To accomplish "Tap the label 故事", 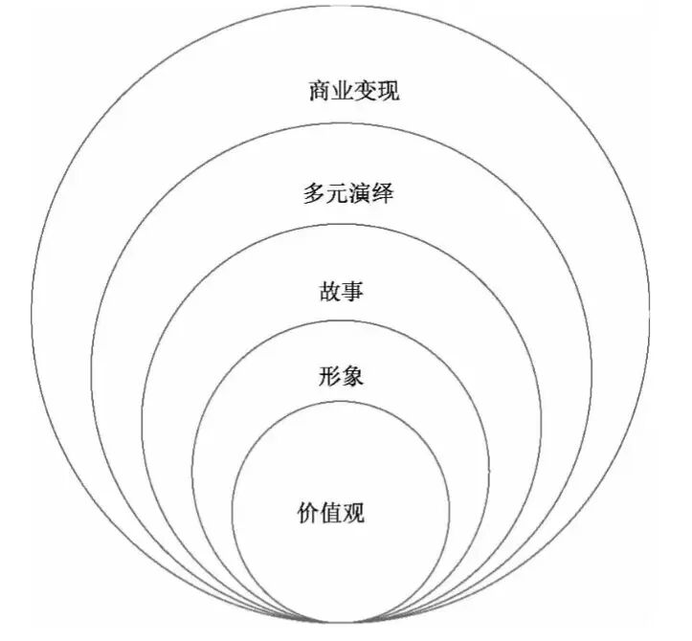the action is (342, 291).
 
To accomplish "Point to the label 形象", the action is (342, 376).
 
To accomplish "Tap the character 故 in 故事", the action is (330, 291).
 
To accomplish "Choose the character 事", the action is (353, 291).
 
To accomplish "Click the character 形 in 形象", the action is (330, 376).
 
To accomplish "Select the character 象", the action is (353, 376).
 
